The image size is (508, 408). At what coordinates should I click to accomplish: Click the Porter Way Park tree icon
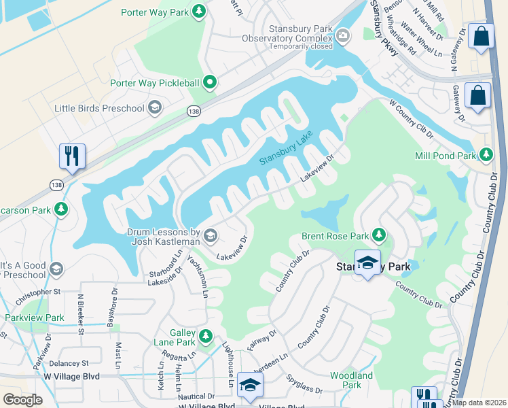tap(198, 12)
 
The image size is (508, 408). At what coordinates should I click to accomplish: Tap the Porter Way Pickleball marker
tap(210, 83)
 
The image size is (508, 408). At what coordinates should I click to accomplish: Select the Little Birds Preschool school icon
tap(155, 108)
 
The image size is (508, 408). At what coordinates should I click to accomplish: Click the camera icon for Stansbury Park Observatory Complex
tap(343, 35)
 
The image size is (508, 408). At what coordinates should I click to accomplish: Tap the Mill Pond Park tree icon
tap(486, 156)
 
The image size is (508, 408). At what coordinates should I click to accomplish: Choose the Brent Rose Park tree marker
tap(379, 237)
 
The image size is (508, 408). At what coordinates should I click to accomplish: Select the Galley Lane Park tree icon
tap(205, 334)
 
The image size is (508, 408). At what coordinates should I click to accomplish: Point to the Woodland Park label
tap(351, 379)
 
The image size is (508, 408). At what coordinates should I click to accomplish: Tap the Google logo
tap(22, 400)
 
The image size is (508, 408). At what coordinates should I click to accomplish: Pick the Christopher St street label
tap(38, 292)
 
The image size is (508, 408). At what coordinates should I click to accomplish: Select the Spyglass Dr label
tap(304, 385)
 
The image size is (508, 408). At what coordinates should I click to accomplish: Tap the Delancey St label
tap(69, 364)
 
